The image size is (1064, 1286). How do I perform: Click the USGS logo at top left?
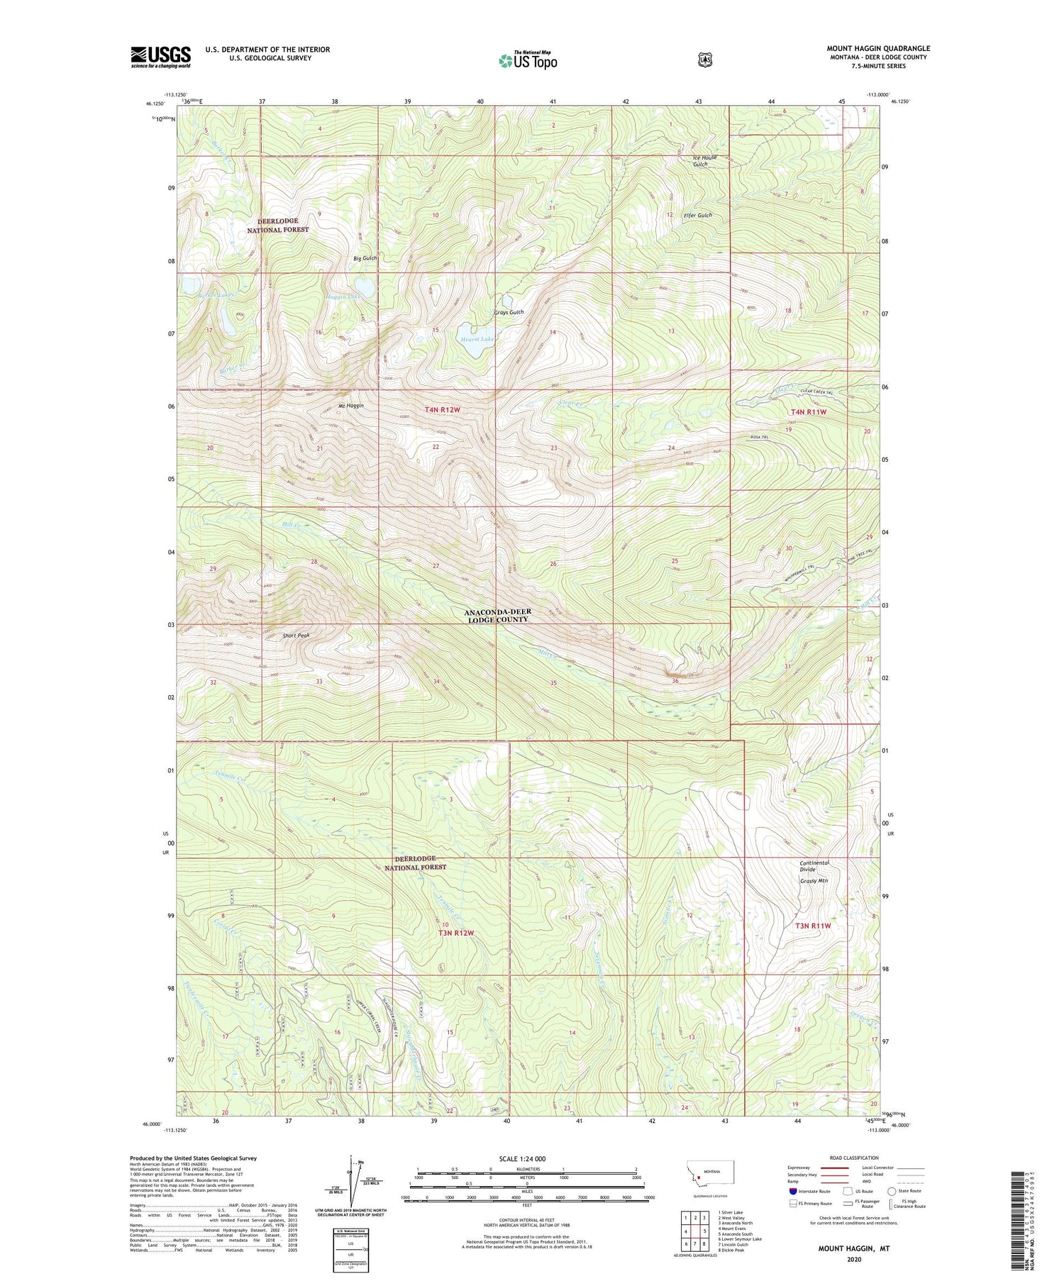click(x=160, y=57)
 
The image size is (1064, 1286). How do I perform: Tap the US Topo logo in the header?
click(x=528, y=60)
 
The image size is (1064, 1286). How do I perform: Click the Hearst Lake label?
click(x=477, y=339)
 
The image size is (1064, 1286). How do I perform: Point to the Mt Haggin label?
click(x=351, y=406)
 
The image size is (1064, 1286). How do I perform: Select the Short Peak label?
click(x=296, y=636)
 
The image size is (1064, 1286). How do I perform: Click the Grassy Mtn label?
click(x=814, y=880)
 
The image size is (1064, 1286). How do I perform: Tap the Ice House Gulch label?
click(x=704, y=161)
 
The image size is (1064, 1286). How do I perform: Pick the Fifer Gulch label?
click(x=697, y=216)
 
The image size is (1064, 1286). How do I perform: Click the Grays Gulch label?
click(x=509, y=313)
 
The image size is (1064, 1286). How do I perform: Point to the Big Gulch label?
click(x=365, y=258)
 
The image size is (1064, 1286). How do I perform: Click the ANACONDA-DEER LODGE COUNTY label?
click(x=497, y=616)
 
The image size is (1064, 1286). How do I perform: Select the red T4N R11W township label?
click(x=809, y=411)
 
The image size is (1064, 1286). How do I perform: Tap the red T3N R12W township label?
click(x=455, y=933)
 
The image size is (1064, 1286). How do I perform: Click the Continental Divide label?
click(x=814, y=866)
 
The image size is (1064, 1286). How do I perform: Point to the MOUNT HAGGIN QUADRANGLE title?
click(x=878, y=48)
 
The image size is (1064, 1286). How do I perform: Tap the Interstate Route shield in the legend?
click(x=793, y=1191)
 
